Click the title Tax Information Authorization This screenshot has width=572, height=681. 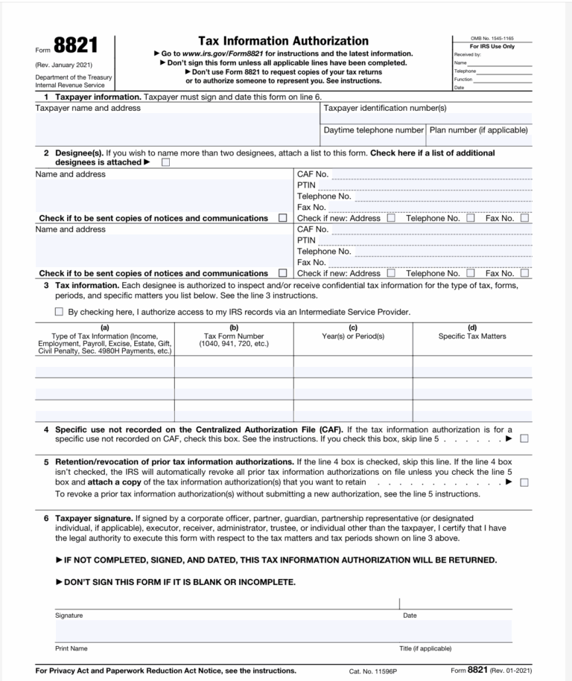click(283, 41)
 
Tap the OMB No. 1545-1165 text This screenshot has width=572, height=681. click(492, 39)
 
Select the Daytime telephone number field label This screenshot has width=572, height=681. click(373, 130)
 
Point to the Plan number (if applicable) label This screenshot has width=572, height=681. click(479, 130)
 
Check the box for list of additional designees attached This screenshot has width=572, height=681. click(165, 162)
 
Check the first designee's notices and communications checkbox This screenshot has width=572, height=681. click(282, 219)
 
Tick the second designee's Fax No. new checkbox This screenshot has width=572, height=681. click(524, 273)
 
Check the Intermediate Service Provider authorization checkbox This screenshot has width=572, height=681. click(59, 312)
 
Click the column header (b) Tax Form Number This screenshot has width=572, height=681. click(234, 336)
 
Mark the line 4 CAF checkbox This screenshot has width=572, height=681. click(524, 439)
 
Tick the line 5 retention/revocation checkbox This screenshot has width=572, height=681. click(524, 482)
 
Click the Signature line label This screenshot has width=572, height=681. click(69, 616)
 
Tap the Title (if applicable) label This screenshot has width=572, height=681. click(425, 648)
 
